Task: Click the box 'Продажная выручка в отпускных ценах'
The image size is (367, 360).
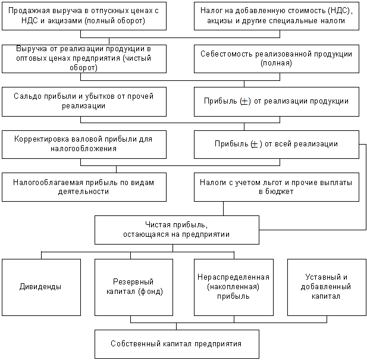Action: coord(81,17)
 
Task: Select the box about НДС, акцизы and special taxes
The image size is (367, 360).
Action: coord(277,17)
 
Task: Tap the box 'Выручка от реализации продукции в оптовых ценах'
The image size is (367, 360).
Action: coord(81,58)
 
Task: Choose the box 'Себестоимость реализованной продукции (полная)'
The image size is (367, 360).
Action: coord(277,58)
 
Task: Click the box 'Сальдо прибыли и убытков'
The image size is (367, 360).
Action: coord(81,101)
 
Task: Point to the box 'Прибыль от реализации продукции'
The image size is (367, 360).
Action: coord(277,101)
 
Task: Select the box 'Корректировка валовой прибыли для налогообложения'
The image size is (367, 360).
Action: coord(81,144)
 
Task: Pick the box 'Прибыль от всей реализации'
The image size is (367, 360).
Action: coord(277,144)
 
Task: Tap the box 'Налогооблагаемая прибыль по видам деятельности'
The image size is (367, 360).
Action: coord(81,187)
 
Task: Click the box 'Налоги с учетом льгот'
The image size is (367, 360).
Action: coord(277,187)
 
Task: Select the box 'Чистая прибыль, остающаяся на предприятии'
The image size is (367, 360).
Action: coord(177,230)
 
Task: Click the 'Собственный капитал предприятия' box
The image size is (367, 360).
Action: coord(177,344)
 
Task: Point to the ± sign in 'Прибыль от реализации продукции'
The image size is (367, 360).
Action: coord(244,101)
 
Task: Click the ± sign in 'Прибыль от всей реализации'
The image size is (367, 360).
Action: coord(255,144)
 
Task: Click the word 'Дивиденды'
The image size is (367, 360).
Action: coord(41,287)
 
